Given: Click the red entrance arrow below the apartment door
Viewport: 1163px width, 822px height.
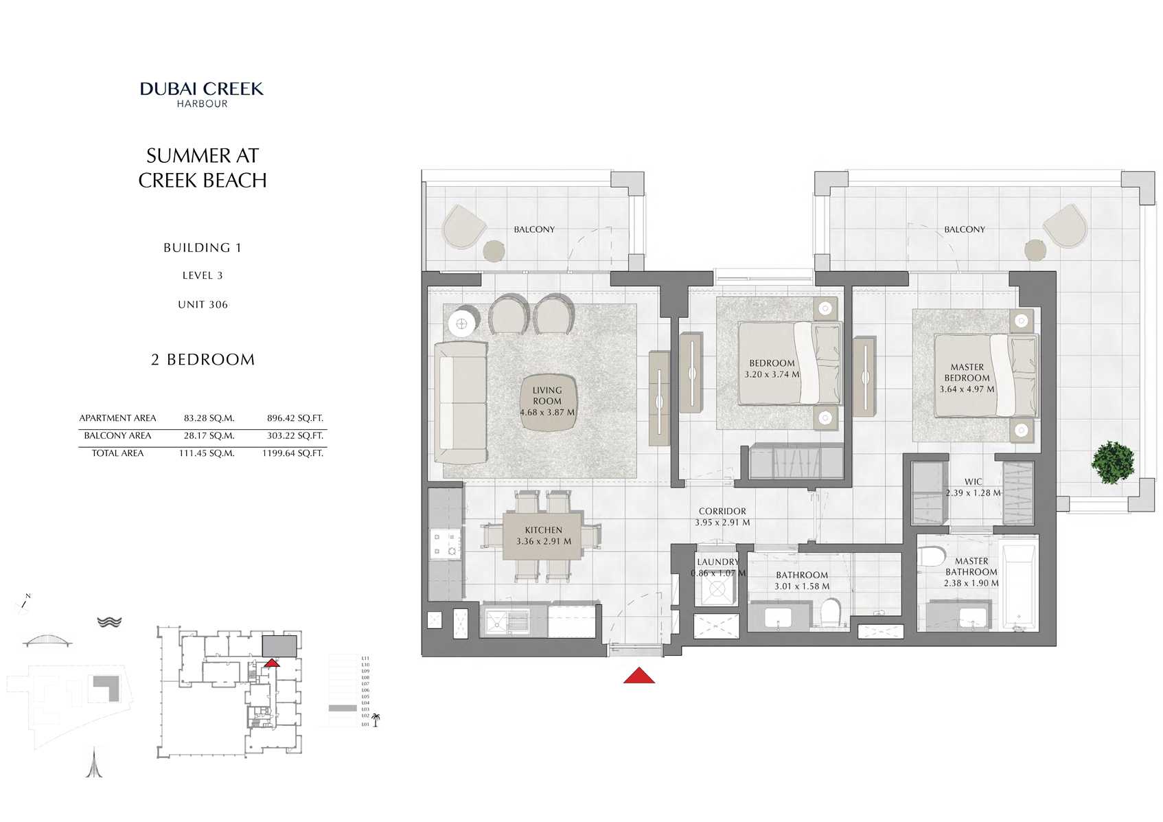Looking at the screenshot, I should pos(638,676).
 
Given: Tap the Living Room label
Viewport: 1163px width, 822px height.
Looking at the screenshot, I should pos(547,396).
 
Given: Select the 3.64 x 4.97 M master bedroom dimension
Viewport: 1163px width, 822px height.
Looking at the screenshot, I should pos(967,389).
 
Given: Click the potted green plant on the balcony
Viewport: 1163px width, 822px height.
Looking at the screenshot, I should pos(1112,462).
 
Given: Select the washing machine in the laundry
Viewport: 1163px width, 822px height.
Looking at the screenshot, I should pos(717,589).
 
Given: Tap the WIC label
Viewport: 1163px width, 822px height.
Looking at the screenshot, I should pos(973,481).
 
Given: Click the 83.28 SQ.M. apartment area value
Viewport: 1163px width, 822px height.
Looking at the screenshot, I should pos(209,418).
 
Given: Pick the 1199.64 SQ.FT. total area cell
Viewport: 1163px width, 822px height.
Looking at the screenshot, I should pos(292,453).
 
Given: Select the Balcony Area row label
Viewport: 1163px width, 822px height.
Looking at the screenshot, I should pos(117,435).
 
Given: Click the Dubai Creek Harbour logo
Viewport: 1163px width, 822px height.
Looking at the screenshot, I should pos(202,94).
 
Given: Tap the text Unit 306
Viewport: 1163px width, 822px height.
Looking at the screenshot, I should pos(203,304).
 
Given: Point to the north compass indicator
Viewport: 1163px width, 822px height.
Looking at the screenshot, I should pos(25,602).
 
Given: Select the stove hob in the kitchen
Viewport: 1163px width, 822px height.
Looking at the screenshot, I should pos(444,543).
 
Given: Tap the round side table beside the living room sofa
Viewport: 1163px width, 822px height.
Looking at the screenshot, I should pos(461,323).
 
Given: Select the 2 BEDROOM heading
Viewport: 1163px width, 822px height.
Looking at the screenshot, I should pos(203,360).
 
